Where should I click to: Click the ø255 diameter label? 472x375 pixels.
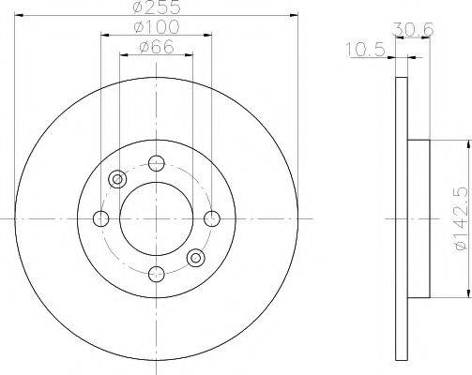157,9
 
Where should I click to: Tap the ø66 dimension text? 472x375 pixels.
157,49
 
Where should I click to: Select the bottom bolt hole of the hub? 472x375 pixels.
158,274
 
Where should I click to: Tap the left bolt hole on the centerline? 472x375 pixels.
101,218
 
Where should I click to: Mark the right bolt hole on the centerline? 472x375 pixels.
213,218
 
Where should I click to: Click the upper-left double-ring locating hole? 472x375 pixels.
118,179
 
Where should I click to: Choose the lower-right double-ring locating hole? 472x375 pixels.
197,258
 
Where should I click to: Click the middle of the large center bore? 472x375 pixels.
158,218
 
